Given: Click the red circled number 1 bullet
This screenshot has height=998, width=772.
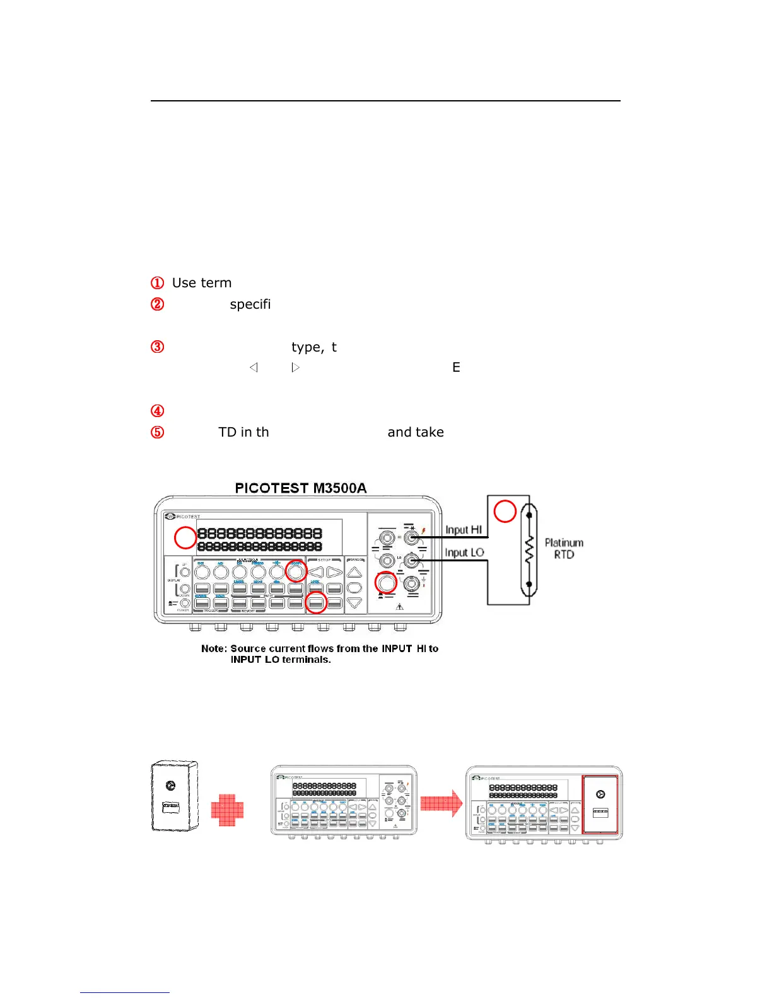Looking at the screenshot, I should (158, 283).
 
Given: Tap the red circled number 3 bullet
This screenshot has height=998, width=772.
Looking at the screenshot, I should (158, 347).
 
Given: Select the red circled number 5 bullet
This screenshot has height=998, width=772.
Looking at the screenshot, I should (158, 432).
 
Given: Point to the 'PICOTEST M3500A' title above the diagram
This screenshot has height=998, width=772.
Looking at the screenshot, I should (300, 488).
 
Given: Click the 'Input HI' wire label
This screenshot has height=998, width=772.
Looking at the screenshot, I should (464, 530).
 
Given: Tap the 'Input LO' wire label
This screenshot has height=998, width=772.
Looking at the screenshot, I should (464, 553).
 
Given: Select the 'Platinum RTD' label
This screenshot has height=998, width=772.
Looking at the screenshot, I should (564, 548).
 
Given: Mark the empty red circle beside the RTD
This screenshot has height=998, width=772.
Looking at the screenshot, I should (505, 511).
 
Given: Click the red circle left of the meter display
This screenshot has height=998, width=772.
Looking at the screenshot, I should (185, 537).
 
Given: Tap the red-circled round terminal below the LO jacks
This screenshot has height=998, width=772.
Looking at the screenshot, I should (386, 583).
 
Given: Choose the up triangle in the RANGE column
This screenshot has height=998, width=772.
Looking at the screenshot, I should (354, 573).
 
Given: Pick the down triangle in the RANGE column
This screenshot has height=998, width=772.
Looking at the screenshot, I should (354, 603).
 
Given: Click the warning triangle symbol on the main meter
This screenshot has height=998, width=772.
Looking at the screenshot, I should (399, 607).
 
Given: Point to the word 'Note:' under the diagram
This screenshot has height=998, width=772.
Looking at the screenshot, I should (214, 648).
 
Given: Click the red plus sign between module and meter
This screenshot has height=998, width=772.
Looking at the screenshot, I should (227, 810).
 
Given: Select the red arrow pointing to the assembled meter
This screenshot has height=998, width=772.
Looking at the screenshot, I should (441, 803).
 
